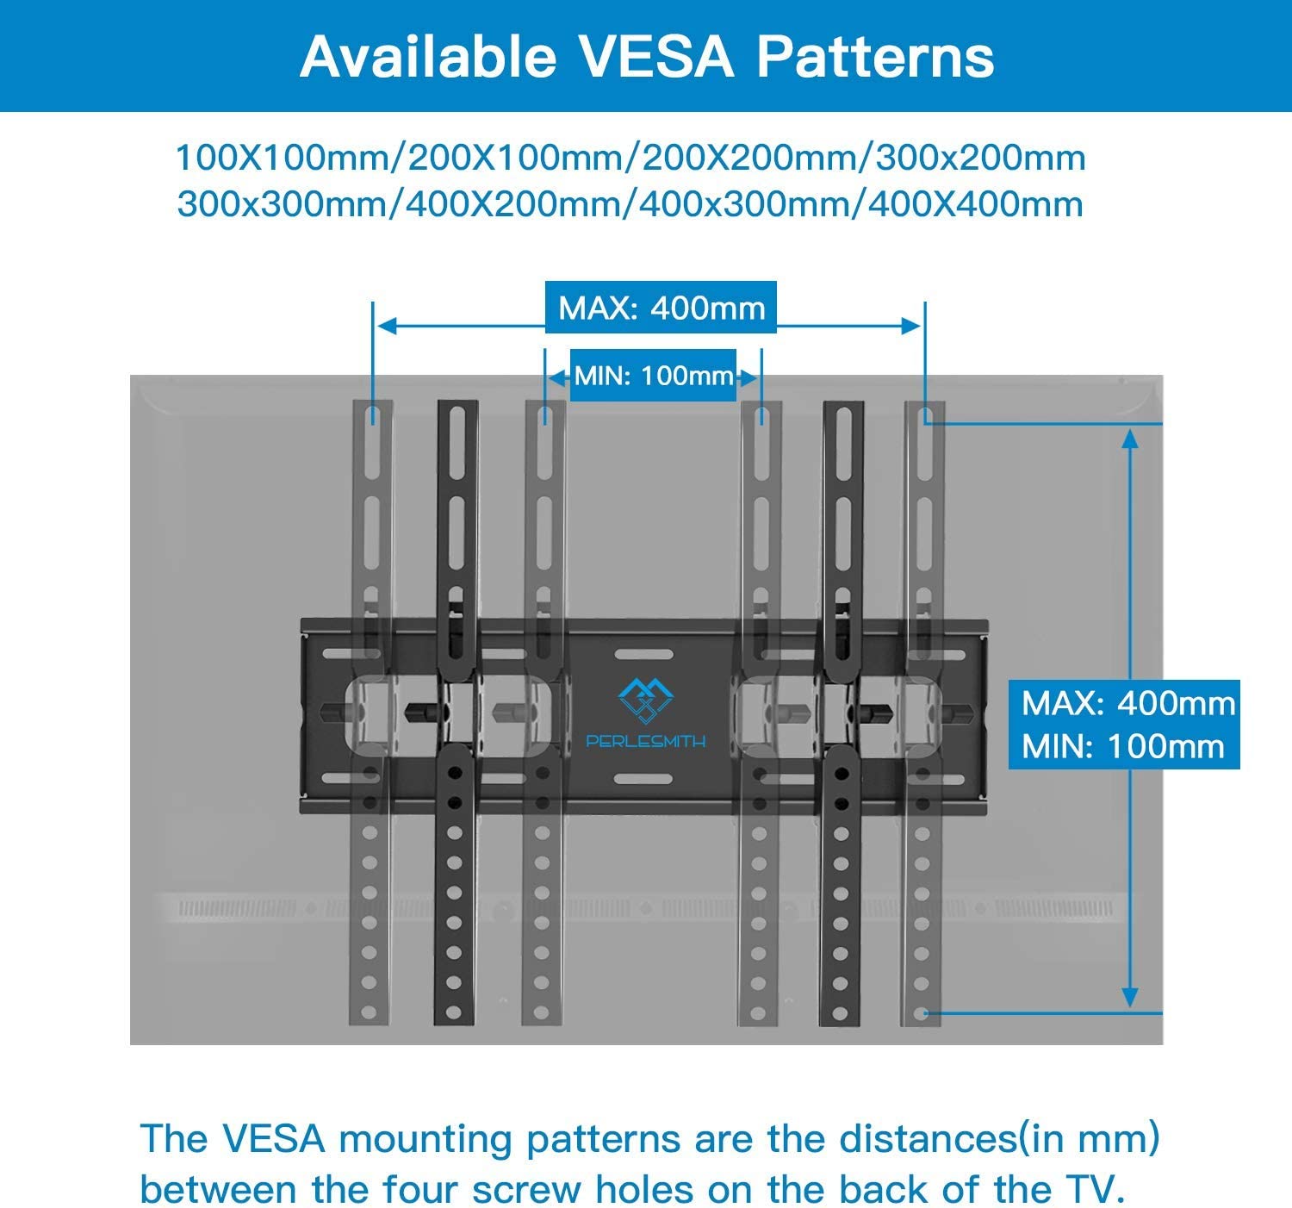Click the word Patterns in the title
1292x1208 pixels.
pyautogui.click(x=875, y=57)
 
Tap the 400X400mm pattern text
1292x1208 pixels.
pyautogui.click(x=975, y=205)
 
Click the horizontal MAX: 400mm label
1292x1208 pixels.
pyautogui.click(x=662, y=308)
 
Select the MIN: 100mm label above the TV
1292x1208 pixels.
pyautogui.click(x=654, y=376)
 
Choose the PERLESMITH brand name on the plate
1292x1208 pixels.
pyautogui.click(x=645, y=740)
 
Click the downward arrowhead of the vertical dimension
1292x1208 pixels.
pyautogui.click(x=1131, y=999)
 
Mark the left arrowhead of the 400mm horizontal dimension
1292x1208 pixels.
pyautogui.click(x=387, y=326)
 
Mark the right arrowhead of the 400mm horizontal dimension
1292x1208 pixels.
pyautogui.click(x=911, y=326)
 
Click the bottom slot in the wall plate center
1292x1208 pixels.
pyautogui.click(x=644, y=780)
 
